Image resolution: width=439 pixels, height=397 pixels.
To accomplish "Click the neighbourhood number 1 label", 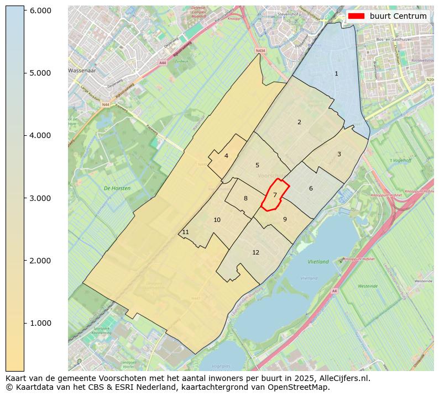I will tap(336, 73).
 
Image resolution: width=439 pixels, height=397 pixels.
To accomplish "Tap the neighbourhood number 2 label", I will tap(299, 122).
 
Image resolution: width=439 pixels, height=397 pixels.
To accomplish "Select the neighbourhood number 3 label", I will tap(339, 154).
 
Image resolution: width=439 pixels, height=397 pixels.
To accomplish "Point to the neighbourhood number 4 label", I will tap(226, 156).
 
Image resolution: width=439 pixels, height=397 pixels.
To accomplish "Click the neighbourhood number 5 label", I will tap(257, 165).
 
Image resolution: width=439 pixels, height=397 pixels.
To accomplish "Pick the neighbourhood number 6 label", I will tap(311, 188).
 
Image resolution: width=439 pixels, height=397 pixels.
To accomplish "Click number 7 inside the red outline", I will tap(275, 195).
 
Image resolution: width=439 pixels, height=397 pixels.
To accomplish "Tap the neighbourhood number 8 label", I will tap(245, 198).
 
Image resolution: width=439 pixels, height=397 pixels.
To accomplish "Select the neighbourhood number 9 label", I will tap(285, 219).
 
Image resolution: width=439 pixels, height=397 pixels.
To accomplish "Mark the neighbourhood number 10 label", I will tap(217, 220).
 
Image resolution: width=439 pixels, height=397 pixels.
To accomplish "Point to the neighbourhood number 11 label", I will tap(185, 232).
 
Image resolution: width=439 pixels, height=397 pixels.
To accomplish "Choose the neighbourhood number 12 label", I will tap(255, 252).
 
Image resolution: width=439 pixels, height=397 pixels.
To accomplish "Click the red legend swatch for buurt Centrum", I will tap(356, 16).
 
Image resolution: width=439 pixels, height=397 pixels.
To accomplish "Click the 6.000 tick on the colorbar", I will tap(40, 10).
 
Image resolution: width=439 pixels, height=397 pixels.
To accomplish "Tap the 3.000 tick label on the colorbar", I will tap(40, 198).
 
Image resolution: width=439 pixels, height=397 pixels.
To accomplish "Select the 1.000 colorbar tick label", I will tap(40, 323).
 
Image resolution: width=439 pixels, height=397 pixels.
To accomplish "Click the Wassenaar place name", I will tap(82, 71).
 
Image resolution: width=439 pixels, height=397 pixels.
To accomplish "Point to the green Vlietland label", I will tap(318, 262).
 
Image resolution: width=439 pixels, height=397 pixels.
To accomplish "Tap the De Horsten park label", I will tap(117, 188).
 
